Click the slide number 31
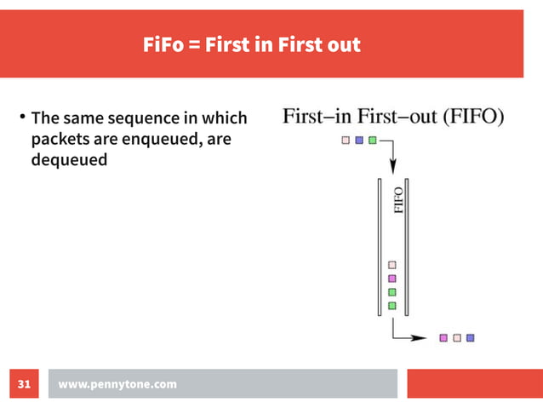coord(24,385)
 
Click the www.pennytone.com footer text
coord(117,385)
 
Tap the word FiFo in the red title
coord(163,45)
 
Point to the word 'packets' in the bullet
coord(59,138)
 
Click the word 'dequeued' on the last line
coord(69,158)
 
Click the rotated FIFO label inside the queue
coord(398,201)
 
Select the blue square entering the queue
coord(359,141)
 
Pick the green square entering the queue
coord(372,141)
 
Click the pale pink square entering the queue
coord(346,141)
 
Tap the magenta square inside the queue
coord(392,278)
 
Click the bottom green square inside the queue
coord(392,305)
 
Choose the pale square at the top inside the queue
coord(392,265)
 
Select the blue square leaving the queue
coord(470,337)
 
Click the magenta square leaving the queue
coord(443,337)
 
